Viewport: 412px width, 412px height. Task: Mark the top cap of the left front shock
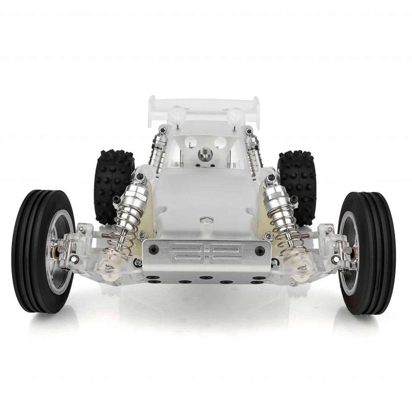click(139, 177)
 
